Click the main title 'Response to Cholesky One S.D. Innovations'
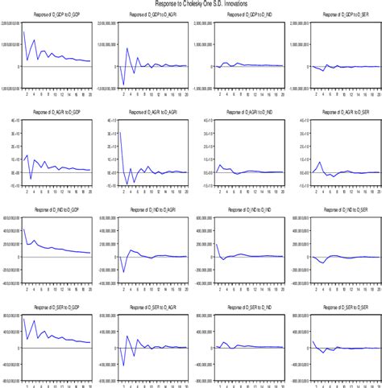point(191,4)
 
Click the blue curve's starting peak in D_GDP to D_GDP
point(24,32)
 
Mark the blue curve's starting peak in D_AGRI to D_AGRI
point(118,132)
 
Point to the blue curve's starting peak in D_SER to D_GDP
point(24,320)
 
